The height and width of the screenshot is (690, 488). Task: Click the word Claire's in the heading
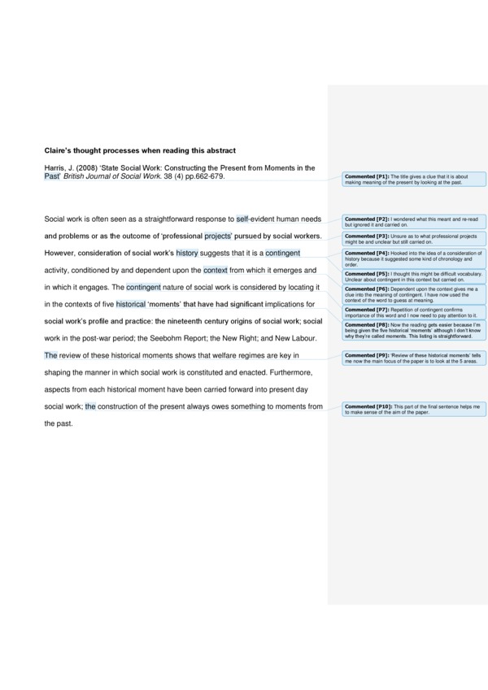(x=59, y=150)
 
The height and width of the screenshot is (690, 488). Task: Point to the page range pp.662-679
(x=203, y=176)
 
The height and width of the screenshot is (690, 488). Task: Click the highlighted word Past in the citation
(x=52, y=176)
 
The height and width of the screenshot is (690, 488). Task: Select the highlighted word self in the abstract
(x=242, y=219)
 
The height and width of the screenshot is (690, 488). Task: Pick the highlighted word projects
(x=218, y=237)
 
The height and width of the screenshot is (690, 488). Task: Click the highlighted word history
(x=187, y=253)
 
